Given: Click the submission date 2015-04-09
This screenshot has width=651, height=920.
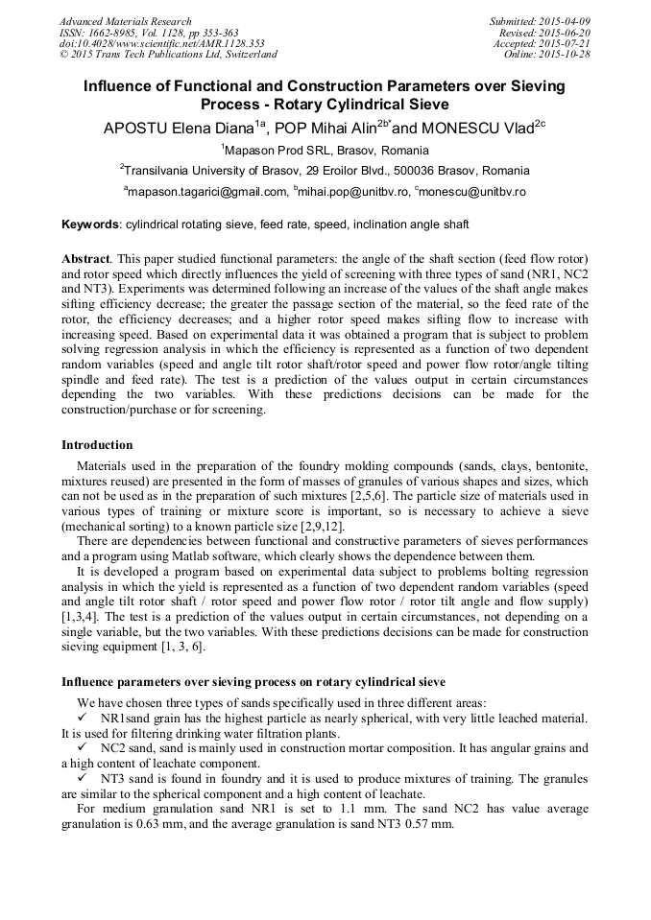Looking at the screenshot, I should click(x=564, y=21).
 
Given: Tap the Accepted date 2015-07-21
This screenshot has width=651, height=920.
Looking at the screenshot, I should click(x=564, y=44).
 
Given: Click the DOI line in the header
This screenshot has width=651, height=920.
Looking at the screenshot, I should click(x=162, y=44).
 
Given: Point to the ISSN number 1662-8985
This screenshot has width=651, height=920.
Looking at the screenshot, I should click(x=111, y=33).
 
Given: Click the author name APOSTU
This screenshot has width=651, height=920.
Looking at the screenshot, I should click(x=138, y=129).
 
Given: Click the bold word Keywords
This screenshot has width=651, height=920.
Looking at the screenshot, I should click(x=90, y=224).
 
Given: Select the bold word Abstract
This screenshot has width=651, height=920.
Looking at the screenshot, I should click(x=85, y=260).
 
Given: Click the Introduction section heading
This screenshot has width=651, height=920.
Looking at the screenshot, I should click(x=97, y=445).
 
